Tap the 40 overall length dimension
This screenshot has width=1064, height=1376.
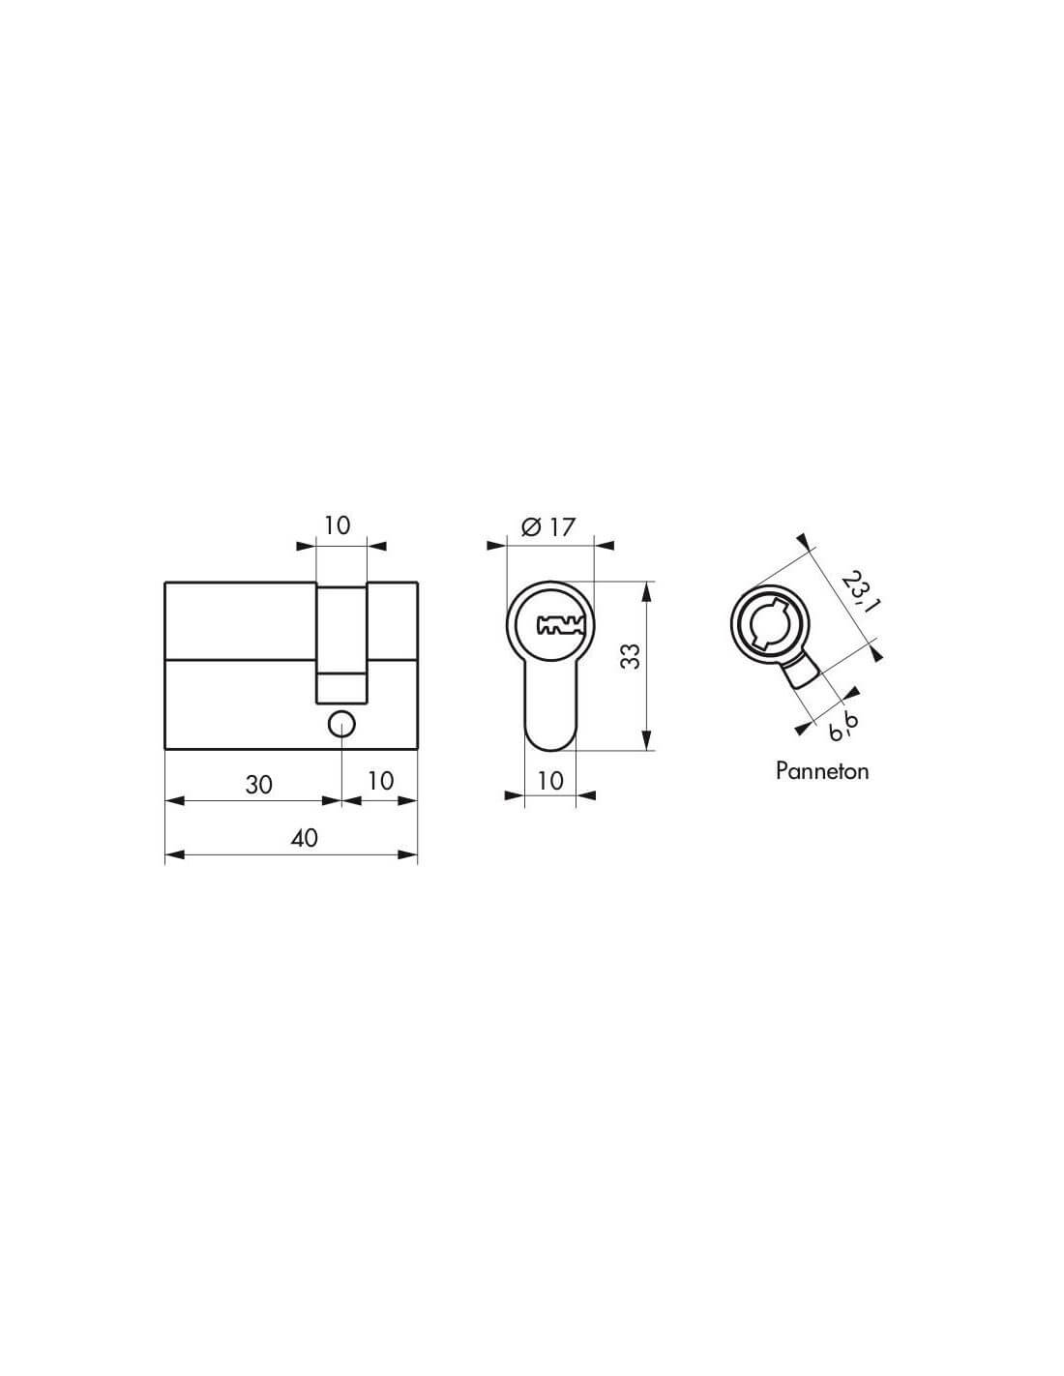tap(304, 838)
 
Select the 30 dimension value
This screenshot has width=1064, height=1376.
tap(259, 785)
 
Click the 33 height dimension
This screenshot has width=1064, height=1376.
tap(630, 656)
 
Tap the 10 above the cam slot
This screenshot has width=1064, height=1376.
tap(338, 524)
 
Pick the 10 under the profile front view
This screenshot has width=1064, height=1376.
tap(550, 781)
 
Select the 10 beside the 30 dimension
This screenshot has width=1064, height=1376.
tap(380, 781)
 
